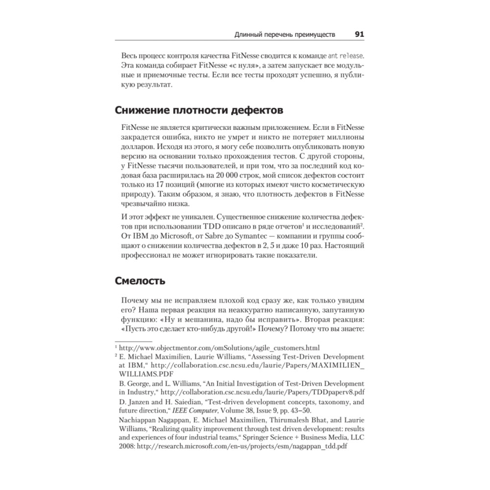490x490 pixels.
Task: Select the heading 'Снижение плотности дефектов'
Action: click(198, 109)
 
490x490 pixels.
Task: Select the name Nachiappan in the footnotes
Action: click(141, 420)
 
